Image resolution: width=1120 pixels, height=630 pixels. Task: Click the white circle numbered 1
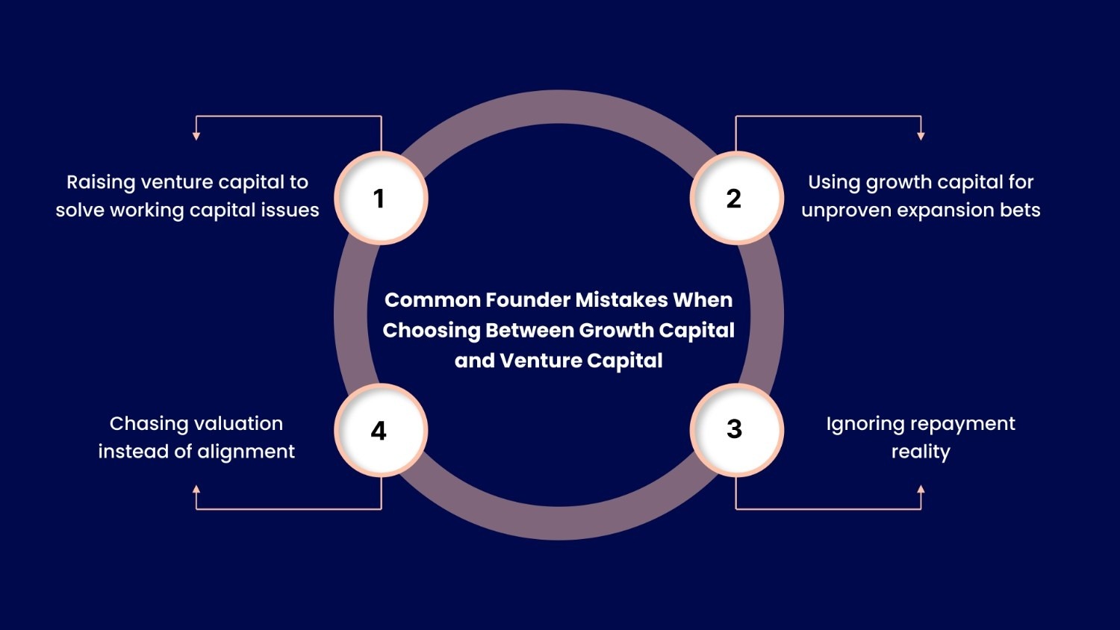click(x=381, y=199)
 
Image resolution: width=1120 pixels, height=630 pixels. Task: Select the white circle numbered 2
click(x=736, y=199)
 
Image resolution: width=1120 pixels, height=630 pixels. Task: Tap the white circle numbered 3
click(x=736, y=430)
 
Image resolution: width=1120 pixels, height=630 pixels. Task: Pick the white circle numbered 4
click(x=381, y=431)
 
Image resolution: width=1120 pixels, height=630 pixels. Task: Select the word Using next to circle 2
click(x=834, y=183)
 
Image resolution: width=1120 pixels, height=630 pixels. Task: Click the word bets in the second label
click(x=1020, y=210)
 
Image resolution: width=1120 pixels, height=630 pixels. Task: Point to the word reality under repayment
click(x=921, y=452)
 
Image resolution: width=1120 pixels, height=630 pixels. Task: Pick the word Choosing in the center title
click(x=432, y=331)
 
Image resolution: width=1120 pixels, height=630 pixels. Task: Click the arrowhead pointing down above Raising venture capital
click(x=196, y=136)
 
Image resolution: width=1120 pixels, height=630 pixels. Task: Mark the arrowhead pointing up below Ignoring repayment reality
click(x=921, y=490)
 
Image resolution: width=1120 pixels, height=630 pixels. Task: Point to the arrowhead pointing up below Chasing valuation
click(x=196, y=490)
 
